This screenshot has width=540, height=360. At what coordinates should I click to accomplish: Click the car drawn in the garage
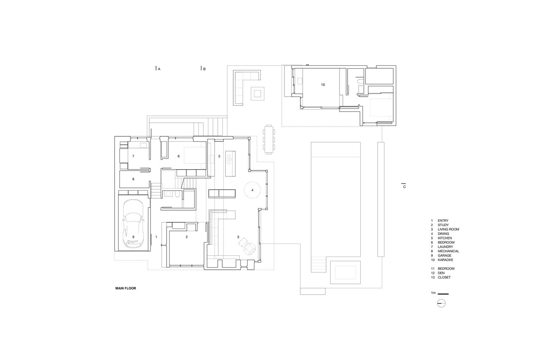(133, 224)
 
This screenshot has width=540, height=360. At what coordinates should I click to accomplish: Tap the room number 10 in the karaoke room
(323, 85)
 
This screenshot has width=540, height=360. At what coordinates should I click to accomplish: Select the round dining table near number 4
(252, 190)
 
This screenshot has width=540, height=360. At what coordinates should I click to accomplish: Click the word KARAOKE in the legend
(445, 260)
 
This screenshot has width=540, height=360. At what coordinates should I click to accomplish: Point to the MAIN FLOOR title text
(126, 288)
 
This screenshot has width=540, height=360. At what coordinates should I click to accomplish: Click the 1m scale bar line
(443, 294)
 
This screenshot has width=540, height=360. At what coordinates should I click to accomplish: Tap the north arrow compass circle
(441, 303)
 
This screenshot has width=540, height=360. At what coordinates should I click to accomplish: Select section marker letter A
(159, 69)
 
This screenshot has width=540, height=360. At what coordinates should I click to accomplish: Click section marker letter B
(205, 69)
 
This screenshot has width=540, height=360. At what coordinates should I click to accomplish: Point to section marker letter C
(404, 187)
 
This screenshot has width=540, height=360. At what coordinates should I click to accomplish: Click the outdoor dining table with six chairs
(269, 139)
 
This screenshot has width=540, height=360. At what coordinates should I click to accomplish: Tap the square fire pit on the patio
(258, 93)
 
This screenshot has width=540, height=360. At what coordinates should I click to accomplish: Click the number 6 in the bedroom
(178, 156)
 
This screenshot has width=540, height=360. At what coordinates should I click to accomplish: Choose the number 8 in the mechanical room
(133, 179)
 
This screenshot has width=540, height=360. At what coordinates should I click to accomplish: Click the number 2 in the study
(186, 237)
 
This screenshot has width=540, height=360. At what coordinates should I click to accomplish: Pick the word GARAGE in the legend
(445, 255)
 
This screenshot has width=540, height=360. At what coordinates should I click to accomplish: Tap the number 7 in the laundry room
(133, 156)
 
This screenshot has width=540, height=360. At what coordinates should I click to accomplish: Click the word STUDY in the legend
(443, 225)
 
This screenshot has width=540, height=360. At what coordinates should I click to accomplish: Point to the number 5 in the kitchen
(219, 156)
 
